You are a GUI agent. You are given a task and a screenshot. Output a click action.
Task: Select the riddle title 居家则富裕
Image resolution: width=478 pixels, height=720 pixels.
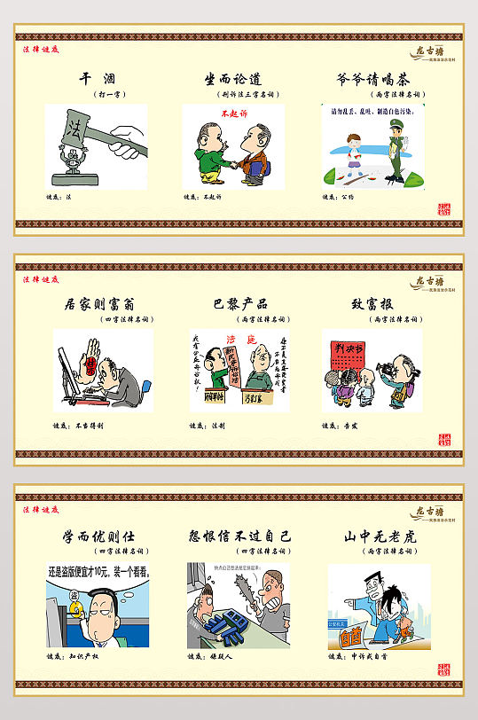tap(103, 305)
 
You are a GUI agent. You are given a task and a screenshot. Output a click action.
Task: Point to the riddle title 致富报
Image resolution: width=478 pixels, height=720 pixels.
tap(372, 305)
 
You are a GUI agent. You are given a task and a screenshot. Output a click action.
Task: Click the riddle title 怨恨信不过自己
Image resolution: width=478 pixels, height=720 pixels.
tap(239, 537)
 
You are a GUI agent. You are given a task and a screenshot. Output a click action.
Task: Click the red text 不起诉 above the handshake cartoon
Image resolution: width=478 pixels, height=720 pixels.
tap(234, 113)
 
